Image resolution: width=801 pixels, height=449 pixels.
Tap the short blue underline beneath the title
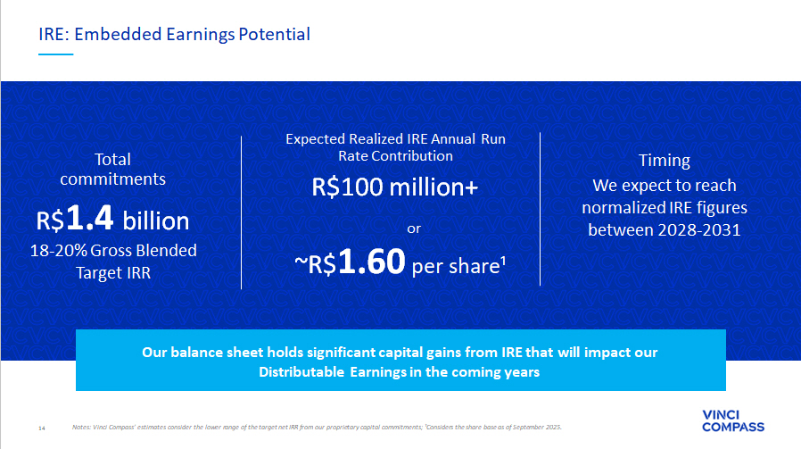[55, 54]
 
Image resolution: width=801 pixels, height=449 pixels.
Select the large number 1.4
[89, 218]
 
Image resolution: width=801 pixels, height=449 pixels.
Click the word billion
[156, 220]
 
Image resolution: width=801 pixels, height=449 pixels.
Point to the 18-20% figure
[58, 251]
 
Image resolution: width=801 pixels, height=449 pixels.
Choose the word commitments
[113, 179]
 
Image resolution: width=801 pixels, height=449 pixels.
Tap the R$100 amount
[347, 187]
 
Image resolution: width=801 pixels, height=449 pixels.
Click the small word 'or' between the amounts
[414, 229]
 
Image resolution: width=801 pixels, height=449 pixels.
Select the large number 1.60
[371, 262]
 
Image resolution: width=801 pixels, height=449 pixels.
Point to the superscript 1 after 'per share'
[503, 261]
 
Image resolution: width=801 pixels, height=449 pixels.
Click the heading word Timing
[665, 161]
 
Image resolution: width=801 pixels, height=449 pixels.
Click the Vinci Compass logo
[733, 420]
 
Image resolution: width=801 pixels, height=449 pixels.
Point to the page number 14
[42, 428]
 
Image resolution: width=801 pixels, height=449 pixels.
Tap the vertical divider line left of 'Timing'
[540, 209]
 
